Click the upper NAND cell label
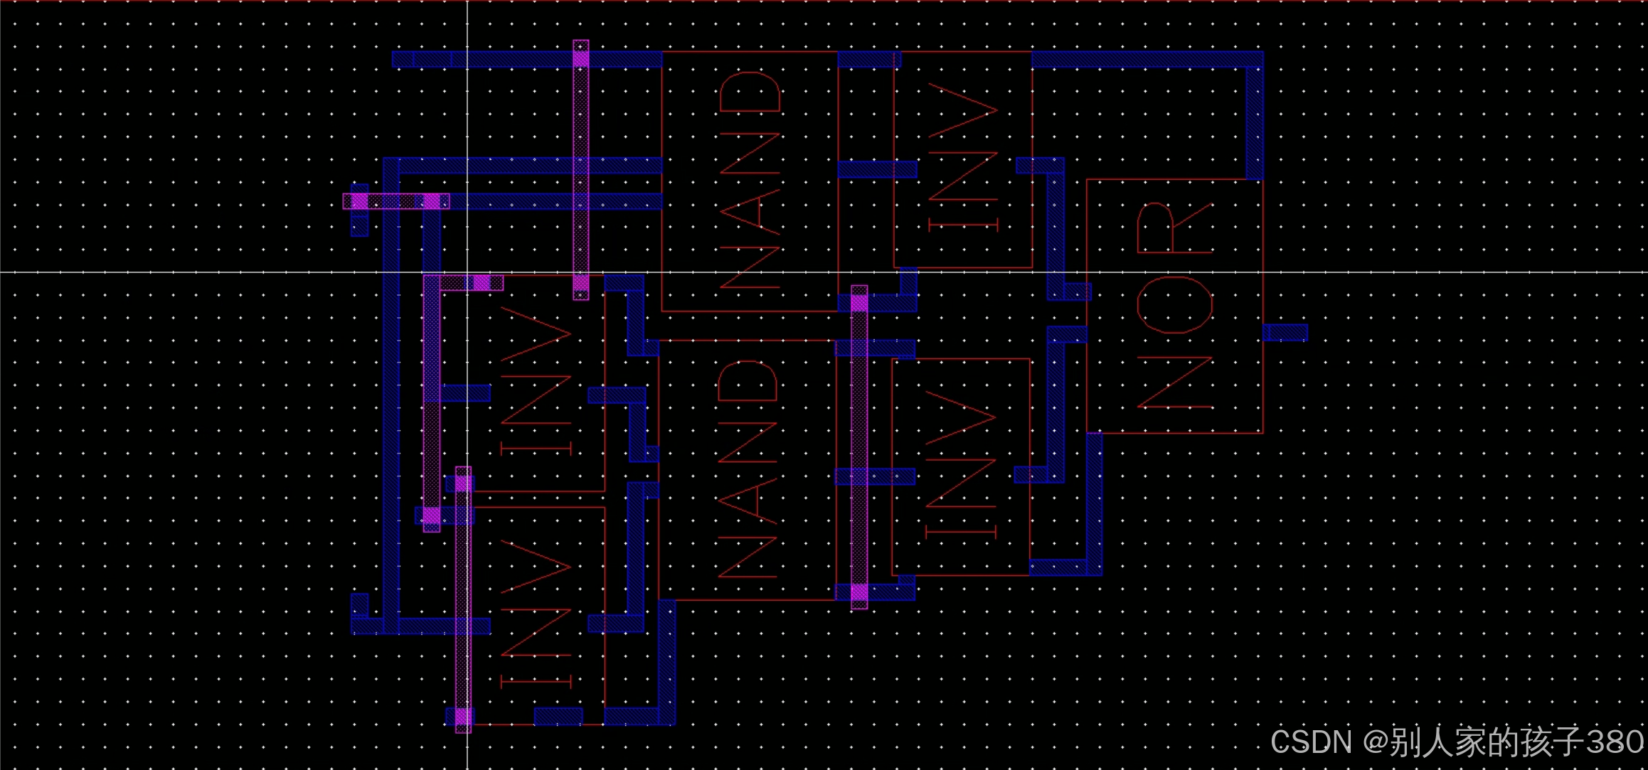tap(750, 181)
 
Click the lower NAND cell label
tap(747, 469)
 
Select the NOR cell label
tap(1175, 306)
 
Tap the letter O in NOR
tap(1175, 305)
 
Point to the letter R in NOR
tap(1174, 228)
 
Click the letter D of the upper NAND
tap(750, 92)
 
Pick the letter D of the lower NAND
tap(747, 380)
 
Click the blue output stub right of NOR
tap(1286, 332)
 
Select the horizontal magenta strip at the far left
tap(395, 201)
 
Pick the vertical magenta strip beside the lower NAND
tap(859, 448)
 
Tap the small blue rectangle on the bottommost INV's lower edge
tap(558, 716)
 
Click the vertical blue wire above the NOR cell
tap(1255, 121)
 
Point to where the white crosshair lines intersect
tap(467, 272)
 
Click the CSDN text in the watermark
tap(1310, 742)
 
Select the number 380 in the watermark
tap(1615, 742)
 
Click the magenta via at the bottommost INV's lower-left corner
tap(463, 716)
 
